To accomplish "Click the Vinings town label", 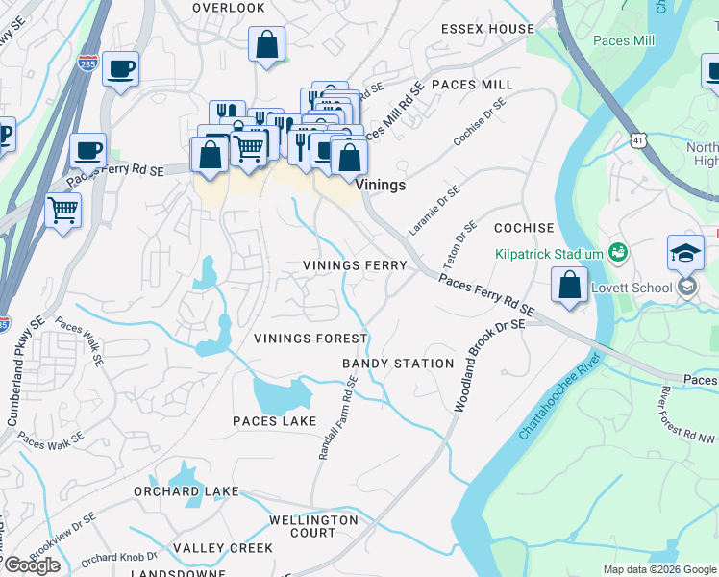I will (381, 185).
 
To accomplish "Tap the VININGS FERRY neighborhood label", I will (355, 264).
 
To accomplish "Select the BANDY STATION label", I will (398, 364).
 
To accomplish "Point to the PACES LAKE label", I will (274, 421).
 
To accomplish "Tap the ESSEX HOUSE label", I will (486, 29).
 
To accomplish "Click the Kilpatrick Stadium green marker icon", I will (617, 254).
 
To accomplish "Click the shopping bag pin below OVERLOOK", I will (267, 44).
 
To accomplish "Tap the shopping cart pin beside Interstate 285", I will (63, 209).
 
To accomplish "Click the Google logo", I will (32, 565).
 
